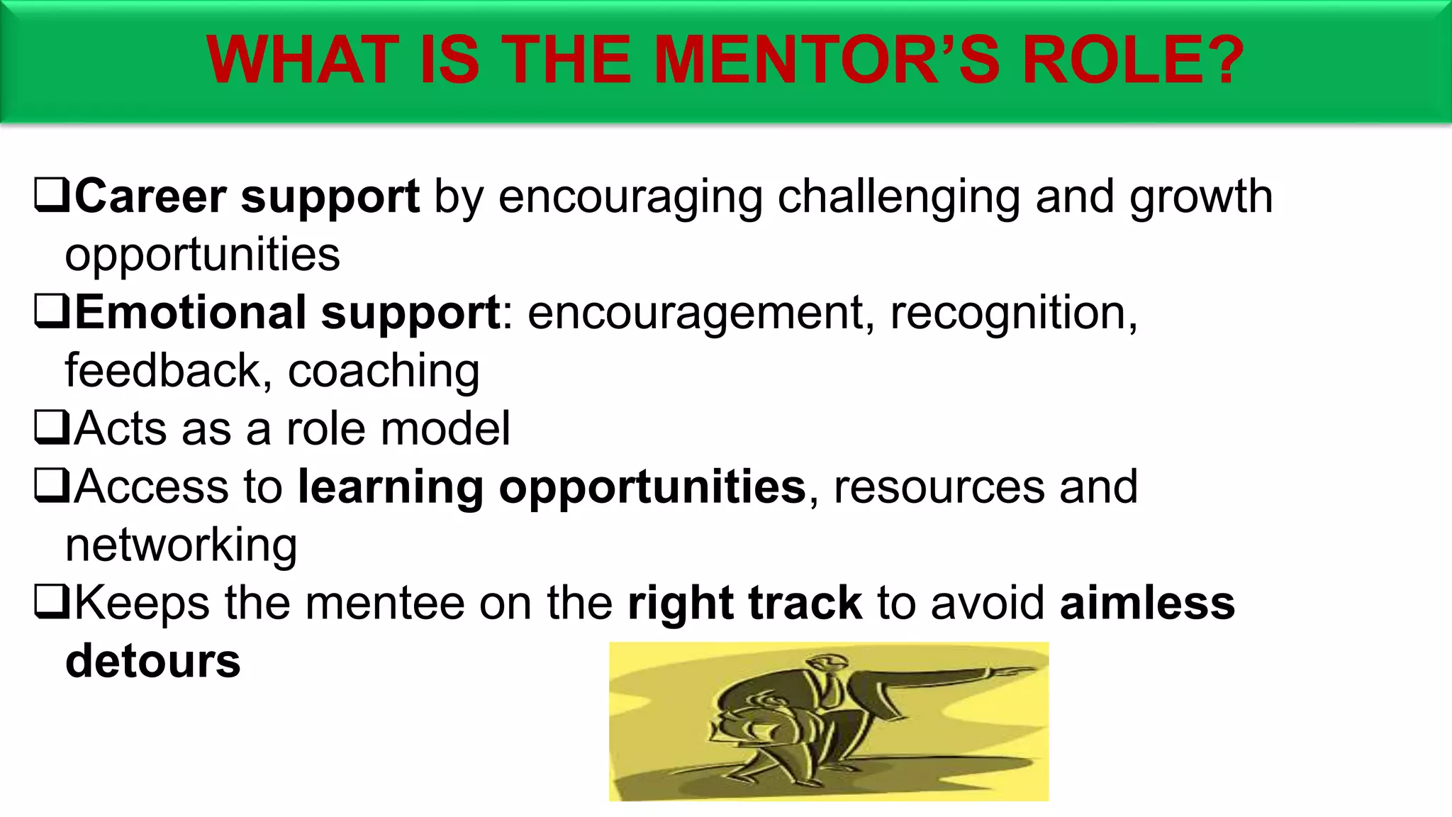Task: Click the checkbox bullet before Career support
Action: coord(51,196)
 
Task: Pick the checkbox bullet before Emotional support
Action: coord(51,312)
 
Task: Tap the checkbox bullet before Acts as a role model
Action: coord(51,428)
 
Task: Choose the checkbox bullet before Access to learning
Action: coord(51,487)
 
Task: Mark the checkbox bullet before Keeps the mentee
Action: coord(51,603)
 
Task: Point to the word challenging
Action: coord(899,197)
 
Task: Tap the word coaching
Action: coord(384,372)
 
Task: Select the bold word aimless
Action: coord(1147,603)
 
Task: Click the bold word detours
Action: coord(153,661)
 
